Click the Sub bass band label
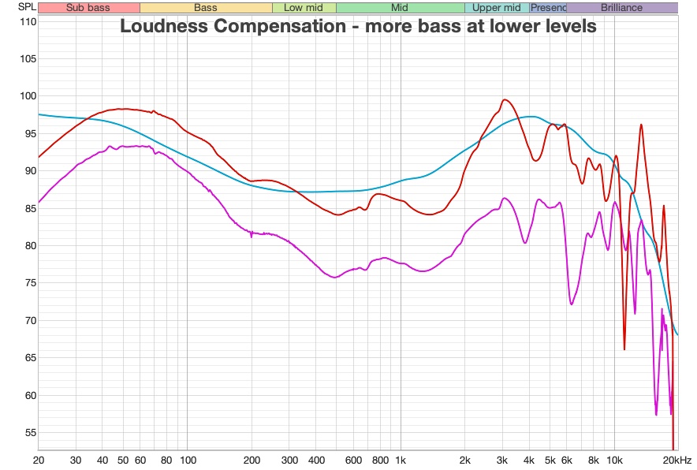coord(88,8)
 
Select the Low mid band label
coord(304,8)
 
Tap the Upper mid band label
coord(497,8)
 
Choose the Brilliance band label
coord(621,8)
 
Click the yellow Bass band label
coord(206,8)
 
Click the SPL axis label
coord(27,8)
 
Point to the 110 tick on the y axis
coord(28,21)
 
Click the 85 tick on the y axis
coord(28,208)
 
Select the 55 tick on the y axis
coord(28,433)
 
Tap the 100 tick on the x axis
coord(188,460)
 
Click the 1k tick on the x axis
coord(401,460)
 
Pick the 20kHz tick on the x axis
coord(677,460)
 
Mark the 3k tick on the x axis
coord(503,460)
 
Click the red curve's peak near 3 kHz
coord(505,99)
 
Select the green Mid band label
coord(400,8)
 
